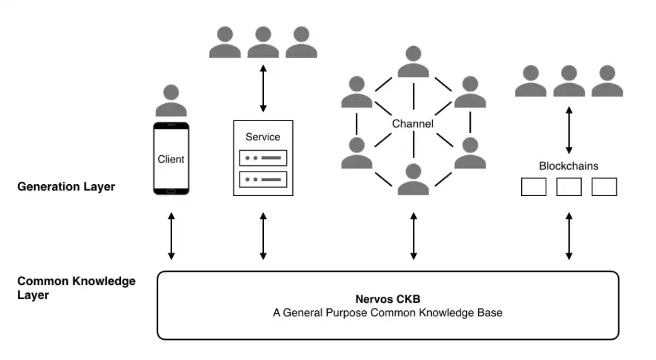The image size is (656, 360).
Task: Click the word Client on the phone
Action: click(171, 159)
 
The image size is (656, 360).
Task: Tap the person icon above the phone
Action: click(171, 101)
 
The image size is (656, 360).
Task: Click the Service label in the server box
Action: click(263, 137)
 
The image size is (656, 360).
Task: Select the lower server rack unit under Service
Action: click(263, 180)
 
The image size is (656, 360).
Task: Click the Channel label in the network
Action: click(413, 124)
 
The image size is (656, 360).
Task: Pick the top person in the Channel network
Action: click(413, 62)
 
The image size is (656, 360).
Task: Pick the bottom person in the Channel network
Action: click(413, 179)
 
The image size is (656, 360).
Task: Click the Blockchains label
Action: click(568, 166)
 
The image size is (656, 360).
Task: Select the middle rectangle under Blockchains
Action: click(569, 187)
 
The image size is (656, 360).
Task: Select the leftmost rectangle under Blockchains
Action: click(534, 187)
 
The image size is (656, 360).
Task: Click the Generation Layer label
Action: click(66, 187)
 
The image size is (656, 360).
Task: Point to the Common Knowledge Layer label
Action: click(76, 287)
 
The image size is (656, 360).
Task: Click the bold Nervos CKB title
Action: click(388, 298)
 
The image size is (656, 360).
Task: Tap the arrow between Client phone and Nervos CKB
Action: click(171, 236)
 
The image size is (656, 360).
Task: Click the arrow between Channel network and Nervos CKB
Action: click(413, 236)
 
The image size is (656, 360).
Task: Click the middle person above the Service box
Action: click(263, 43)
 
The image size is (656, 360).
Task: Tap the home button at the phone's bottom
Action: click(171, 191)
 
